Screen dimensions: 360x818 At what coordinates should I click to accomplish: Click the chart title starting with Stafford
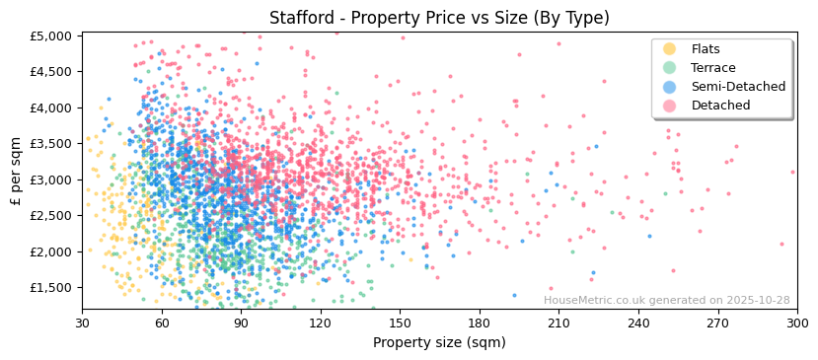(439, 18)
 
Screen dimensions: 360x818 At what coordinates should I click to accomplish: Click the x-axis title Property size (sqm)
(439, 343)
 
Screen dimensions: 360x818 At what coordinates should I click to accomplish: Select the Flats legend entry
(706, 49)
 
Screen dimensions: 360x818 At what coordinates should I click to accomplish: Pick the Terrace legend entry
(712, 68)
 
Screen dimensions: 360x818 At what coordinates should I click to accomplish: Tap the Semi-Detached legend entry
(738, 87)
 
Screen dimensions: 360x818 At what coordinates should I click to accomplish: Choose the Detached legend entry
(720, 106)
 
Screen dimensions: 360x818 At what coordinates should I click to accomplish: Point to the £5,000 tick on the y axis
(51, 36)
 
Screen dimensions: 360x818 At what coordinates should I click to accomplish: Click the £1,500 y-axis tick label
(51, 288)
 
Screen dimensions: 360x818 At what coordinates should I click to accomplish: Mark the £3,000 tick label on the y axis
(51, 180)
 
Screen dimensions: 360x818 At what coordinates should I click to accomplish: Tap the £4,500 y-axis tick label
(51, 72)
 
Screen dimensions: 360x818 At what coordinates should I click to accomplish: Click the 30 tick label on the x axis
(82, 323)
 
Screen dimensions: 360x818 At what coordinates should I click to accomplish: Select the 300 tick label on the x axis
(797, 323)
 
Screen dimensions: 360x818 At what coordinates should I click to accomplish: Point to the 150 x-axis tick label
(400, 323)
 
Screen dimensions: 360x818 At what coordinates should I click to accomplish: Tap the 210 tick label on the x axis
(558, 323)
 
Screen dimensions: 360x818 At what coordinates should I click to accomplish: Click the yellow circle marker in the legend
(670, 49)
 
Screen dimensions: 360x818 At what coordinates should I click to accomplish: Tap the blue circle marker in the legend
(670, 87)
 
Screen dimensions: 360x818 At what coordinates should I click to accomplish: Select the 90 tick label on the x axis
(241, 323)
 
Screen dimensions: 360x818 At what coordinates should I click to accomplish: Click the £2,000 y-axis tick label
(51, 252)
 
